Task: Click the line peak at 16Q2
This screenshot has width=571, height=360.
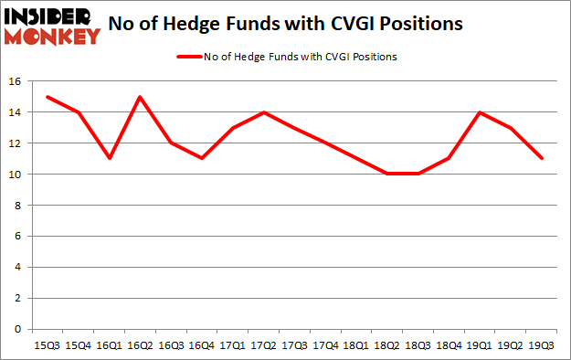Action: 141,97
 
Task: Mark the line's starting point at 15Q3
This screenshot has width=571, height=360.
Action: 48,97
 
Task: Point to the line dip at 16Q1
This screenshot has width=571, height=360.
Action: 110,158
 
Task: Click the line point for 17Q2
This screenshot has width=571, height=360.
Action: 264,112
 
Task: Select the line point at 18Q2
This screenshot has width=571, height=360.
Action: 387,174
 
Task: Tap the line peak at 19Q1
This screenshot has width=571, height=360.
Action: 480,112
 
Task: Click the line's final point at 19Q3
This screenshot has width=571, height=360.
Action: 542,158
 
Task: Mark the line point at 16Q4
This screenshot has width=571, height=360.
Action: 202,158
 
